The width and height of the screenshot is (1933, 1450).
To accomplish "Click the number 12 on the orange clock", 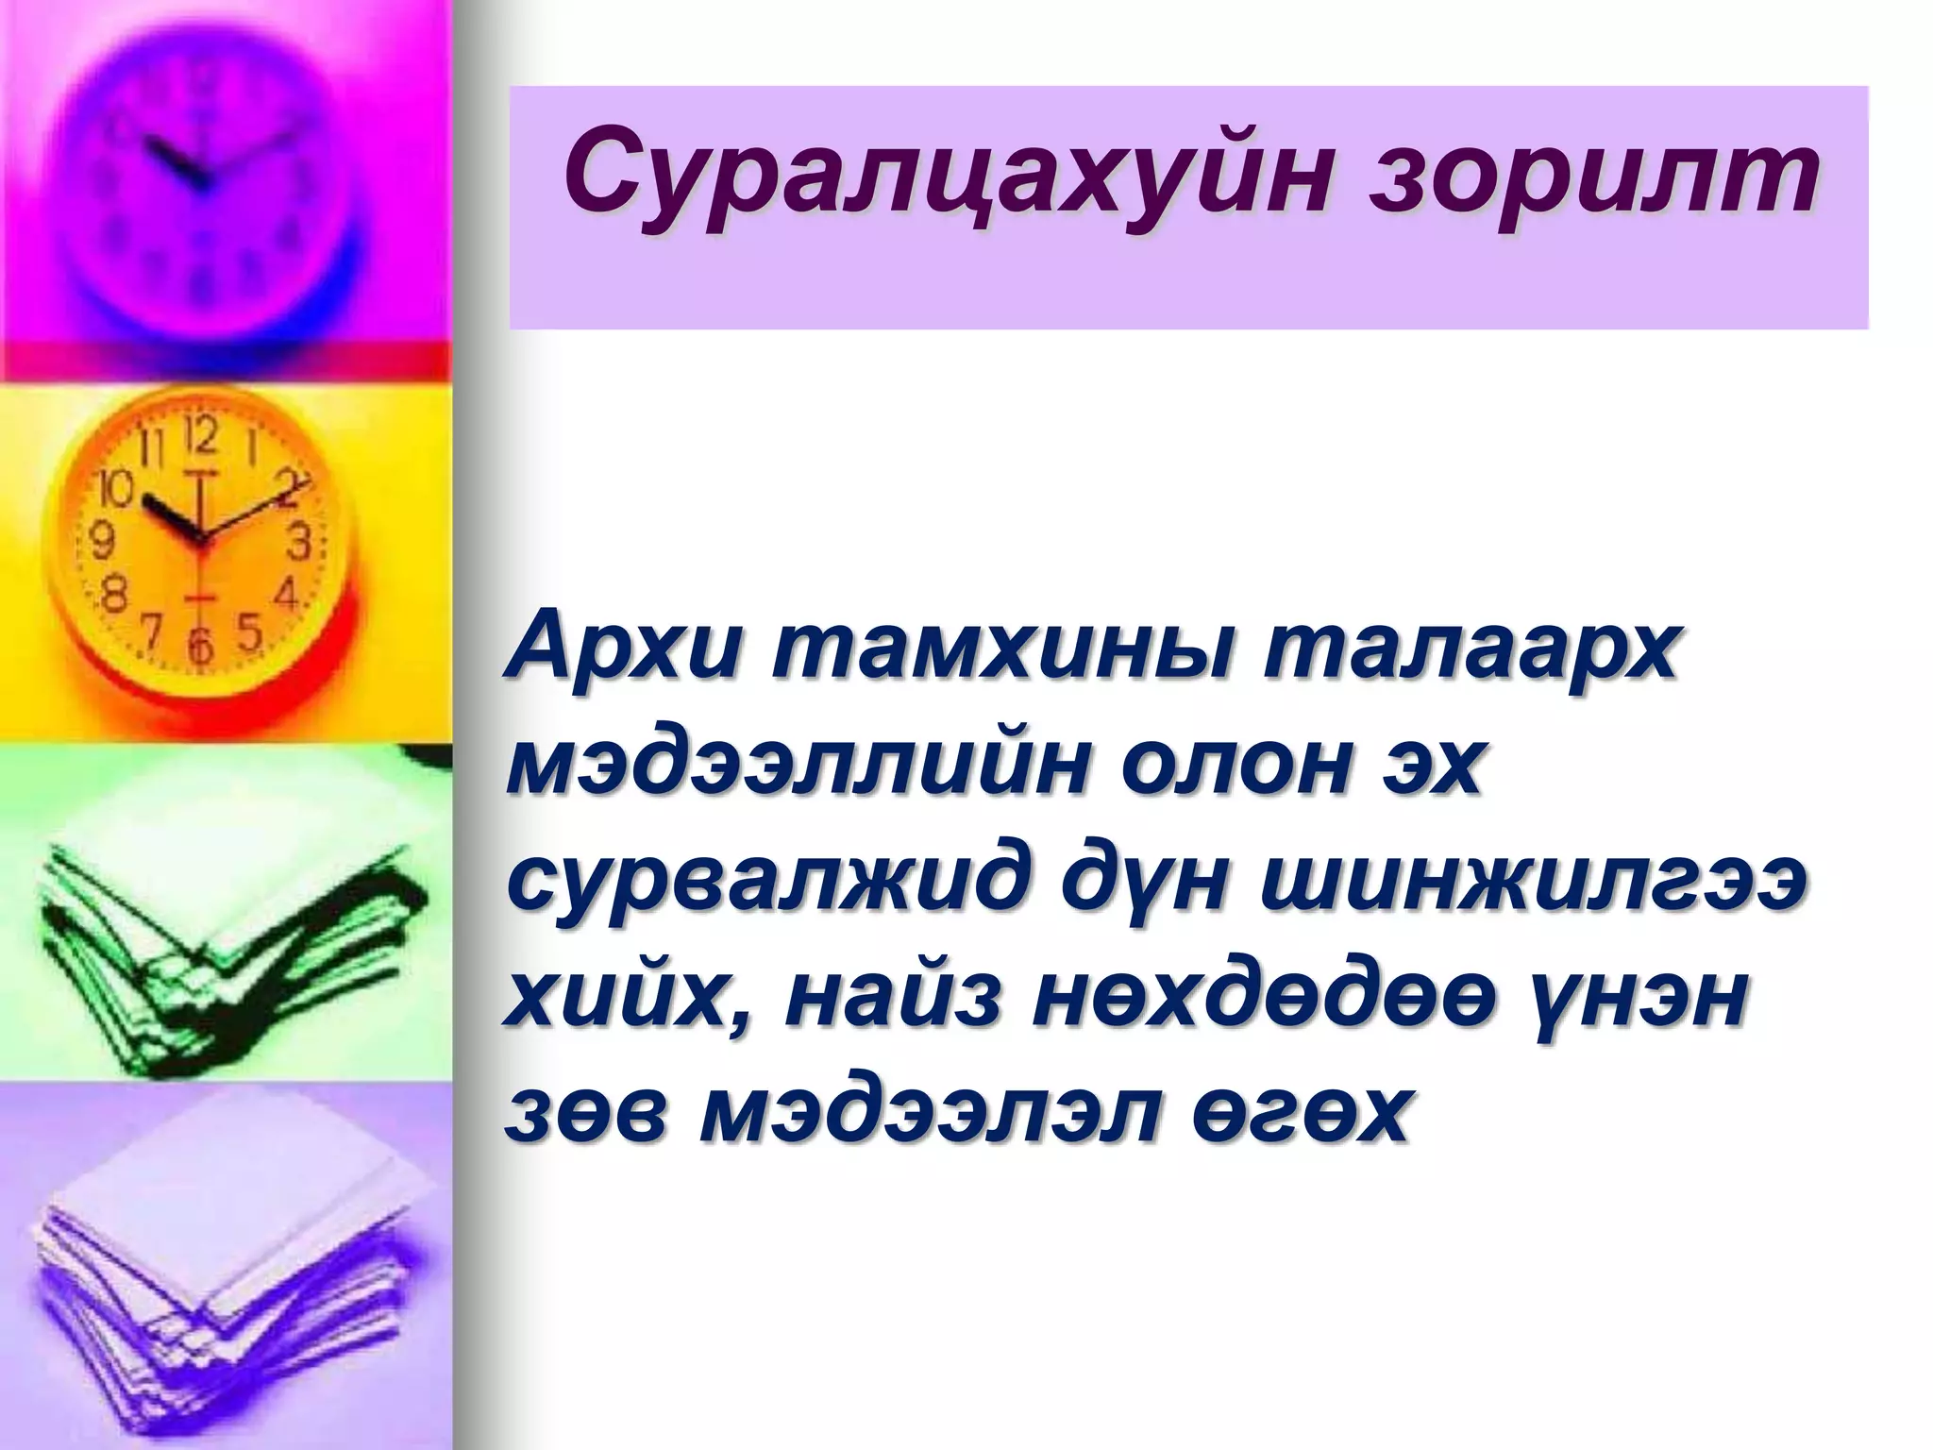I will pyautogui.click(x=203, y=438).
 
